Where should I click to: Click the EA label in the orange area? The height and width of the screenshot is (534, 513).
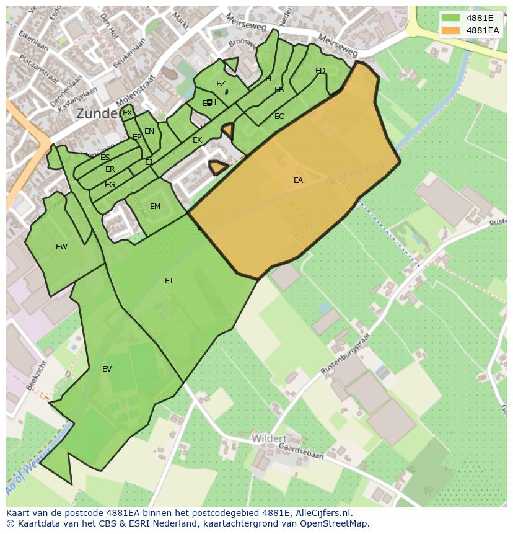tap(299, 180)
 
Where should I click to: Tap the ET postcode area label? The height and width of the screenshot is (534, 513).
tap(169, 281)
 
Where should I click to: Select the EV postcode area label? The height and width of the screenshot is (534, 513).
tap(107, 369)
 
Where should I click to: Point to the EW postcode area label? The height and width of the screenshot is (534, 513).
tap(61, 247)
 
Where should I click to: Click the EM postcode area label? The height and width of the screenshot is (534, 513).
tap(155, 207)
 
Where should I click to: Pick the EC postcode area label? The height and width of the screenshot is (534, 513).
tap(279, 117)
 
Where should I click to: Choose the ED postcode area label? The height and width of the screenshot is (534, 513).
tap(320, 71)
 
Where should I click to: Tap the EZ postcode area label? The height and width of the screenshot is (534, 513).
tap(221, 84)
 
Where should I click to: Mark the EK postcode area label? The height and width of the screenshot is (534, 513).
tap(198, 140)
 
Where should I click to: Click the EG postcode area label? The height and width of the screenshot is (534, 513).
tap(110, 185)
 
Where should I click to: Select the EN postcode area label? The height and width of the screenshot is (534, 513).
tap(149, 131)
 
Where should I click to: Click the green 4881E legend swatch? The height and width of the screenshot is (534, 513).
tap(450, 18)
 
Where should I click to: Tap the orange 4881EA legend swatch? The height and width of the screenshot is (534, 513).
tap(450, 30)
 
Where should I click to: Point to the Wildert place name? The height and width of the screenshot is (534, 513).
tap(269, 438)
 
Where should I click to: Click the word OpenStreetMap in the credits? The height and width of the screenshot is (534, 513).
tap(333, 523)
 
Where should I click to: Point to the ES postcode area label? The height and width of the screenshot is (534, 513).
tap(105, 158)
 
